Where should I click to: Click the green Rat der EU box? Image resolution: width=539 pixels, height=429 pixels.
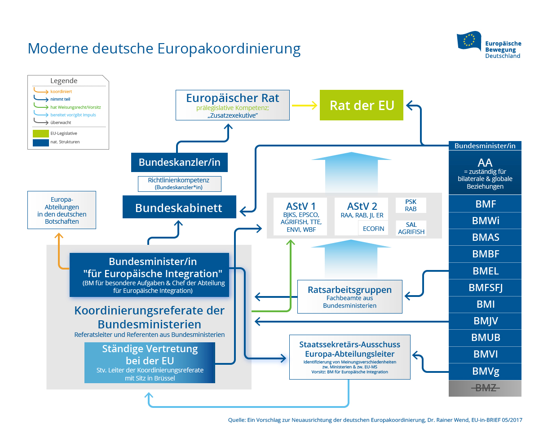tap(362, 105)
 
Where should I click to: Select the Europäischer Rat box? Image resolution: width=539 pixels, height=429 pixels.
tap(232, 105)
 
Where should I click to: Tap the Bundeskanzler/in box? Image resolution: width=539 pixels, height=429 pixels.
tap(179, 162)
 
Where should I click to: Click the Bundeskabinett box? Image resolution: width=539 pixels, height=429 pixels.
tap(179, 207)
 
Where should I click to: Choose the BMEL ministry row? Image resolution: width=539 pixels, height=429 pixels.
tap(485, 271)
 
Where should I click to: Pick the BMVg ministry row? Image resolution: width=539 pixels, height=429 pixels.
tap(485, 372)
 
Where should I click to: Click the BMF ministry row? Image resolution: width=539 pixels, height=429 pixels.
tap(485, 204)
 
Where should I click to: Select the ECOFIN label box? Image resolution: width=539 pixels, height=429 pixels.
tap(373, 228)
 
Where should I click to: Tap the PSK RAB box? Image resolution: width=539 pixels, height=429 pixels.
tap(411, 205)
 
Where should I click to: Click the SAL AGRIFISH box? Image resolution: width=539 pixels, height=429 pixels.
tap(411, 228)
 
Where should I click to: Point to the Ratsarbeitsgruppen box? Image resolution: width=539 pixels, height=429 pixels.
tap(349, 296)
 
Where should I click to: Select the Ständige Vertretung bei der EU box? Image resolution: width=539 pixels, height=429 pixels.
tap(150, 363)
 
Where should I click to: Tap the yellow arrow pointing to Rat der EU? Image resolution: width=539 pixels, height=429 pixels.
tap(304, 106)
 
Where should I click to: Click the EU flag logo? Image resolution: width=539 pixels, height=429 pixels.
tap(469, 41)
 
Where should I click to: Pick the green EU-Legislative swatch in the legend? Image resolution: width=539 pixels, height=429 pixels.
tap(40, 133)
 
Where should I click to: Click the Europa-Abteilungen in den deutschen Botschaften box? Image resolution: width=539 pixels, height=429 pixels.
tap(62, 210)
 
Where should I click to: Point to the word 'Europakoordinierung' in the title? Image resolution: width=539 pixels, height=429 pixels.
tap(229, 48)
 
